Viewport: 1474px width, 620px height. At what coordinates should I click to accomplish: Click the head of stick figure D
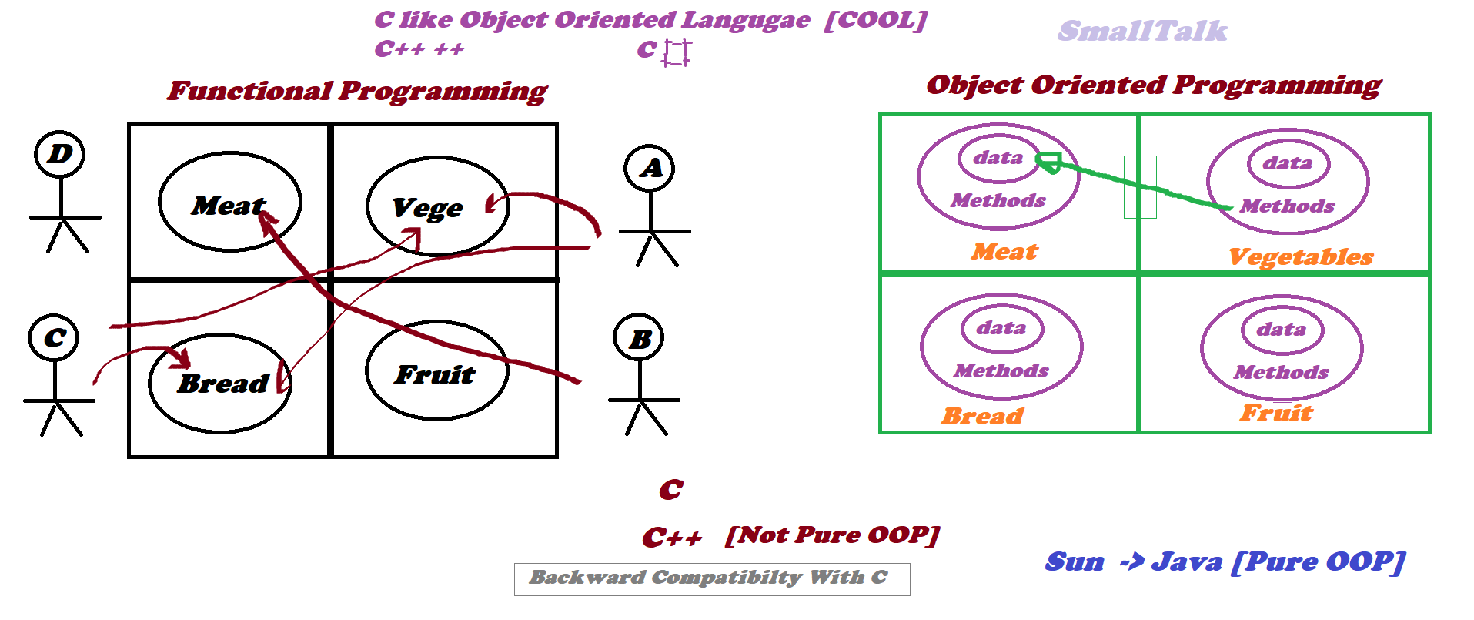pyautogui.click(x=59, y=154)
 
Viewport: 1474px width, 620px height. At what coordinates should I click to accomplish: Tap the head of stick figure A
pyautogui.click(x=650, y=168)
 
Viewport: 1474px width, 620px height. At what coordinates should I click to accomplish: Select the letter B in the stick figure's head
pyautogui.click(x=640, y=339)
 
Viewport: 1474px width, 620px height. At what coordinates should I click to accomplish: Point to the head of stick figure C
pyautogui.click(x=53, y=337)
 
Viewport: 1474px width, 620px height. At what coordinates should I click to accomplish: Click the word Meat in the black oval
pyautogui.click(x=229, y=206)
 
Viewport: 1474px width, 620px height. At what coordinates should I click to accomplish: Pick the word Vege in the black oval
pyautogui.click(x=428, y=208)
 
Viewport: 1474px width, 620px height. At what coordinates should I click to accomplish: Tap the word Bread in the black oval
pyautogui.click(x=223, y=383)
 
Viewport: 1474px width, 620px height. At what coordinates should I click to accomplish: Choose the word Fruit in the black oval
pyautogui.click(x=435, y=374)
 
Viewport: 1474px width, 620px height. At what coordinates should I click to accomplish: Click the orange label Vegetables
pyautogui.click(x=1301, y=257)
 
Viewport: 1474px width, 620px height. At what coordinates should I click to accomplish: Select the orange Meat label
pyautogui.click(x=1004, y=251)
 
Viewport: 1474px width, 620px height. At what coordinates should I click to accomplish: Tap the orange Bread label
pyautogui.click(x=982, y=416)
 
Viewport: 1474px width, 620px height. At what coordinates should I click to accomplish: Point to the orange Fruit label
pyautogui.click(x=1275, y=413)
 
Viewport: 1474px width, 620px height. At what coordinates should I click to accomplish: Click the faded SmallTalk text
pyautogui.click(x=1142, y=31)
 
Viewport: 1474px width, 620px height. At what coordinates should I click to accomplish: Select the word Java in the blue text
pyautogui.click(x=1186, y=561)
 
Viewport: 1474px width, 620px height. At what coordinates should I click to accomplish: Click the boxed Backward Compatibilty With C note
pyautogui.click(x=712, y=579)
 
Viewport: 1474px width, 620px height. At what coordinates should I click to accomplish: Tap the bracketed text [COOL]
pyautogui.click(x=876, y=20)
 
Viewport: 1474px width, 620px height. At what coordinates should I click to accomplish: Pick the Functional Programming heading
pyautogui.click(x=357, y=92)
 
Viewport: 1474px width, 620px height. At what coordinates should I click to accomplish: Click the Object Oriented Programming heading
pyautogui.click(x=1154, y=85)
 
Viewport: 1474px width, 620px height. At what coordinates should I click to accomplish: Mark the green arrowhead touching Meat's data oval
pyautogui.click(x=1048, y=163)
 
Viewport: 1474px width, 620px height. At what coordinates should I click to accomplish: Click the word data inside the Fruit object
pyautogui.click(x=1282, y=330)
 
